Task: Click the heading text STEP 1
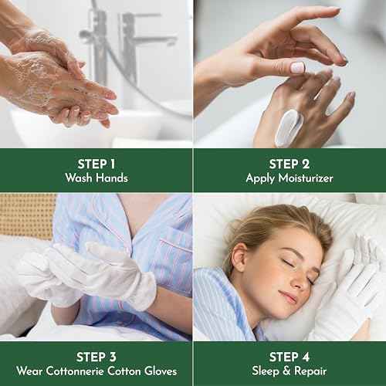(x=96, y=163)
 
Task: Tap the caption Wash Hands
(x=96, y=178)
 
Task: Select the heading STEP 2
(x=289, y=163)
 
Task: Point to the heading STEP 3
(x=96, y=356)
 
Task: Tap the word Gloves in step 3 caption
(x=163, y=371)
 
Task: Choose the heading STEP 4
(x=289, y=356)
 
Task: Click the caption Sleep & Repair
(x=289, y=371)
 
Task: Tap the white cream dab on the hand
(x=289, y=127)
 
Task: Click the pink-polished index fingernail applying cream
(x=297, y=68)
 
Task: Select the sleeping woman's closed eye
(x=288, y=263)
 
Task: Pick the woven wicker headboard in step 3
(x=27, y=216)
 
